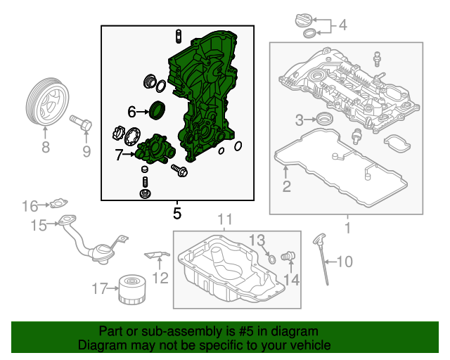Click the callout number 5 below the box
pos(177,212)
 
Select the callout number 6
pos(131,111)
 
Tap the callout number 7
pos(120,154)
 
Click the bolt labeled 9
pos(82,126)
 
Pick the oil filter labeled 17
pos(130,290)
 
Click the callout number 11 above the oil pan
pos(224,219)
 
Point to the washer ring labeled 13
pos(271,260)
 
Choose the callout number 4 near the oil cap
pos(342,26)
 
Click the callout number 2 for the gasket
pos(286,186)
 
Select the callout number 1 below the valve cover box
pos(346,228)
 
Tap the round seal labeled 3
pos(326,118)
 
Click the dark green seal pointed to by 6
pos(158,110)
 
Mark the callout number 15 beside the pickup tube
pos(37,225)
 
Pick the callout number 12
pos(160,278)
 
